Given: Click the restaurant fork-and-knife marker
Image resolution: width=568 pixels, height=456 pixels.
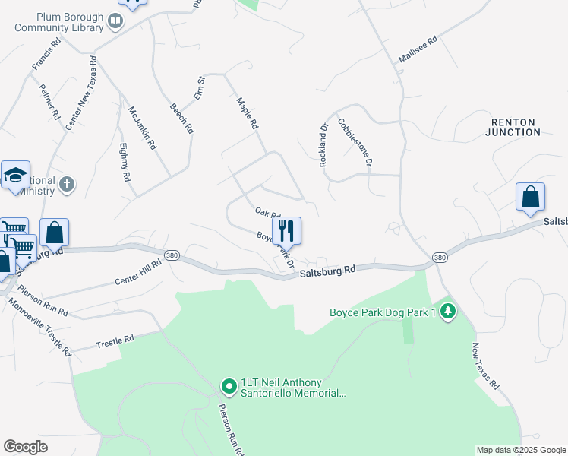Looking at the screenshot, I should pos(286,230).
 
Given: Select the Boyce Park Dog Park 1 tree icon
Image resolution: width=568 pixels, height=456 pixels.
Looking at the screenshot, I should pos(448,311).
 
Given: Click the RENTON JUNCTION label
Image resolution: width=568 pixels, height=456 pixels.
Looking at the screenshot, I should pos(513,127).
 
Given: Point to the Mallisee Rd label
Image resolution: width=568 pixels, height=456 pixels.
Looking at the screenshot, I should pos(418,50).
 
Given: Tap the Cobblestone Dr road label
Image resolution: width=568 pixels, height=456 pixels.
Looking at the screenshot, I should pos(355,141).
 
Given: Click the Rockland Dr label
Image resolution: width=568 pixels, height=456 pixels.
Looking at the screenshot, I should pos(324,145).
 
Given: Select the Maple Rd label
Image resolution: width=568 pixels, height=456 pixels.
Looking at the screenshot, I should pos(248,113).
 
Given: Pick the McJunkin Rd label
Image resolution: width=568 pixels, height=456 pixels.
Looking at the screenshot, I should pos(142,127).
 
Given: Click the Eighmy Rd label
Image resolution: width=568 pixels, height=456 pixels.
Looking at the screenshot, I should pos(125,163).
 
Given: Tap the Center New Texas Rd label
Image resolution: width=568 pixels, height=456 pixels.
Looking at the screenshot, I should pos(81,92).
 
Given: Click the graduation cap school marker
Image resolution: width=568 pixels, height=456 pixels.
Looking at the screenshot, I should pos(15,176).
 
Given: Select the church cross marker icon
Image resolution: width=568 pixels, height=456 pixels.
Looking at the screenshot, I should pos(67,183).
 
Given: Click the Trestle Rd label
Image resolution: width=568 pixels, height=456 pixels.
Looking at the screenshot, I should pos(115,342).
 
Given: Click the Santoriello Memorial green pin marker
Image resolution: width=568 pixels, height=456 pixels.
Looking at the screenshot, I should pos(229,387).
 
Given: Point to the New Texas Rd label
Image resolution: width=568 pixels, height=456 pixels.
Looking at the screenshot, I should pos(486,364).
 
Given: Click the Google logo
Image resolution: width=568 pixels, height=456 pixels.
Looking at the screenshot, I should pos(26,447).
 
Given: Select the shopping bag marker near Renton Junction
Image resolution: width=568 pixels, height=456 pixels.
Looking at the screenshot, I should pos(530,197).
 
